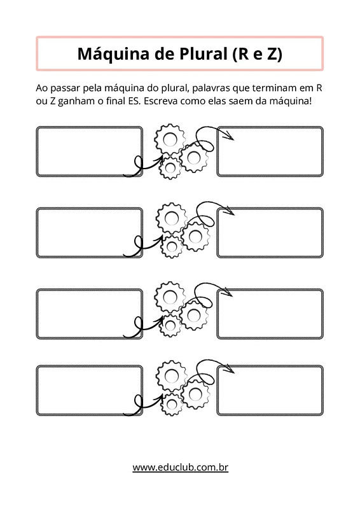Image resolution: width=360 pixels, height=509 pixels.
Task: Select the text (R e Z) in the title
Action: click(257, 54)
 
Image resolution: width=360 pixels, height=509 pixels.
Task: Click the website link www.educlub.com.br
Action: click(180, 468)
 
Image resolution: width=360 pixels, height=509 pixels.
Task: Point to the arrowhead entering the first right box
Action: click(229, 136)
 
